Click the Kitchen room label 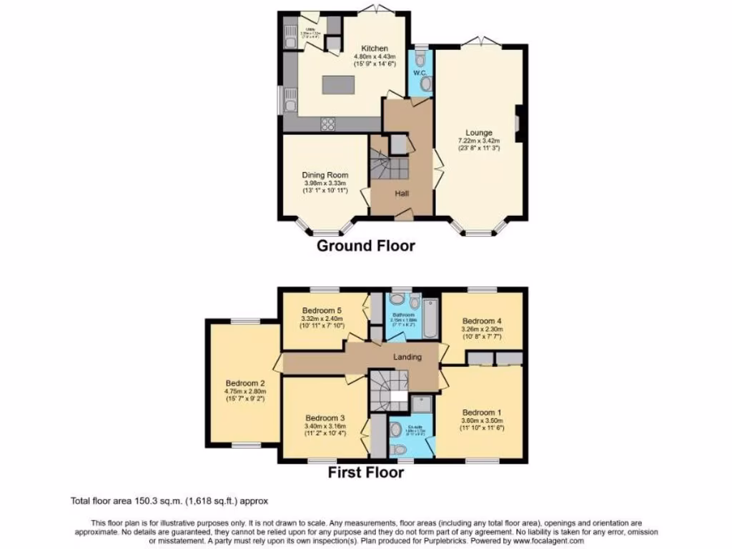tap(375, 49)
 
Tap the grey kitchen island tap(339, 84)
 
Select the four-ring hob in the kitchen tap(328, 124)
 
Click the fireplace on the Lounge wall tap(518, 119)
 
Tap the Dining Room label tap(324, 175)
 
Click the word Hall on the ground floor tap(402, 192)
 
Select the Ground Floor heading tap(365, 246)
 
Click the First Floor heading tap(366, 472)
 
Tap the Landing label tap(407, 357)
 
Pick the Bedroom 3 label tap(325, 417)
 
